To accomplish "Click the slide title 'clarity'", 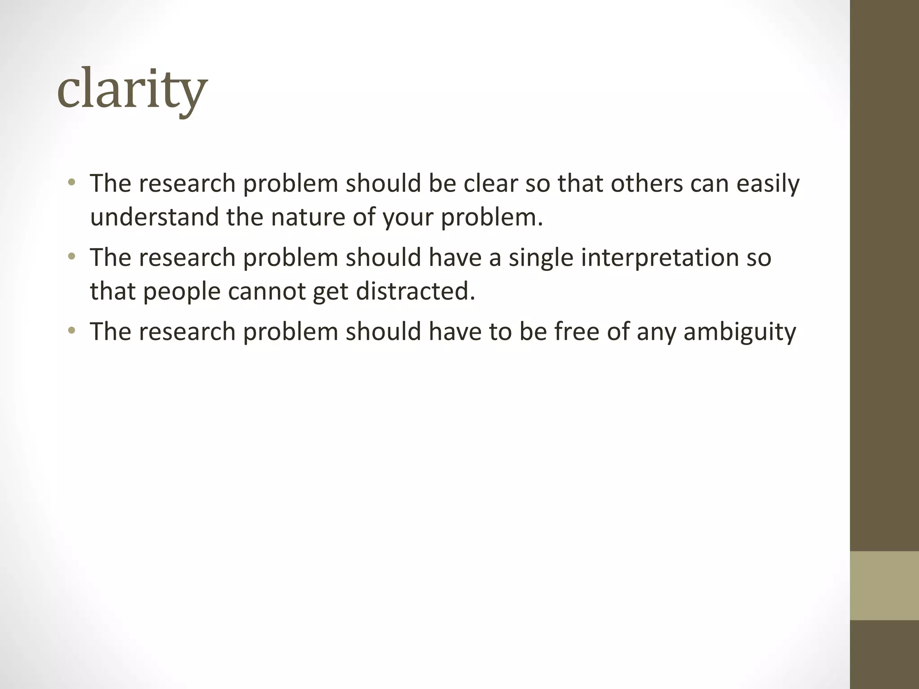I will click(132, 90).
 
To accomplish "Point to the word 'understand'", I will click(154, 217).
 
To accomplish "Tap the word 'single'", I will click(541, 257).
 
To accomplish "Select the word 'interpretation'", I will click(659, 257).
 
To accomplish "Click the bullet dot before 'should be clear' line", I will click(71, 183).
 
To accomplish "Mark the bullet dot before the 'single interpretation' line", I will click(71, 257).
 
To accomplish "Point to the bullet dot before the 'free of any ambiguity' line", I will click(71, 331).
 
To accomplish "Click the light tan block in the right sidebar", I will click(884, 586).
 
